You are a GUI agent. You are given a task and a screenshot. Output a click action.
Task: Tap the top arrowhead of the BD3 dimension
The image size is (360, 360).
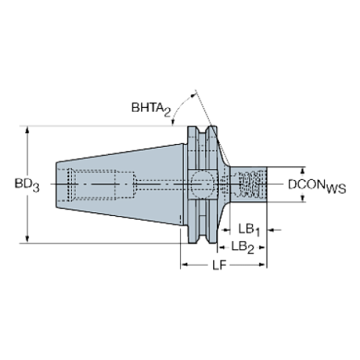tap(28, 130)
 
